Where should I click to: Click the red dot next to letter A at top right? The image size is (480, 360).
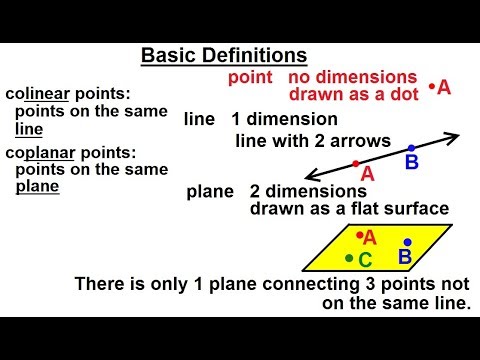pyautogui.click(x=432, y=87)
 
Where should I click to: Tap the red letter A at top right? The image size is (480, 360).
pyautogui.click(x=444, y=88)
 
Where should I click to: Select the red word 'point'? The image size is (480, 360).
pyautogui.click(x=253, y=78)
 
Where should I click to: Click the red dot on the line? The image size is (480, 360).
pyautogui.click(x=355, y=162)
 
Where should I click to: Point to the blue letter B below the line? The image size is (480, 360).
pyautogui.click(x=411, y=162)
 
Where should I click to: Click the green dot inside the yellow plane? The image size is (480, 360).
pyautogui.click(x=348, y=258)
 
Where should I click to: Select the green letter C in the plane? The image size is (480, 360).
pyautogui.click(x=365, y=261)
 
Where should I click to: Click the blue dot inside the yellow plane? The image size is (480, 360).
pyautogui.click(x=407, y=242)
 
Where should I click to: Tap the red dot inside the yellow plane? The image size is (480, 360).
pyautogui.click(x=357, y=233)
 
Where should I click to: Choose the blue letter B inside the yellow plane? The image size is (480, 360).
pyautogui.click(x=405, y=258)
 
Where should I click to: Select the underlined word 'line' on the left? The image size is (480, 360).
pyautogui.click(x=29, y=129)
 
